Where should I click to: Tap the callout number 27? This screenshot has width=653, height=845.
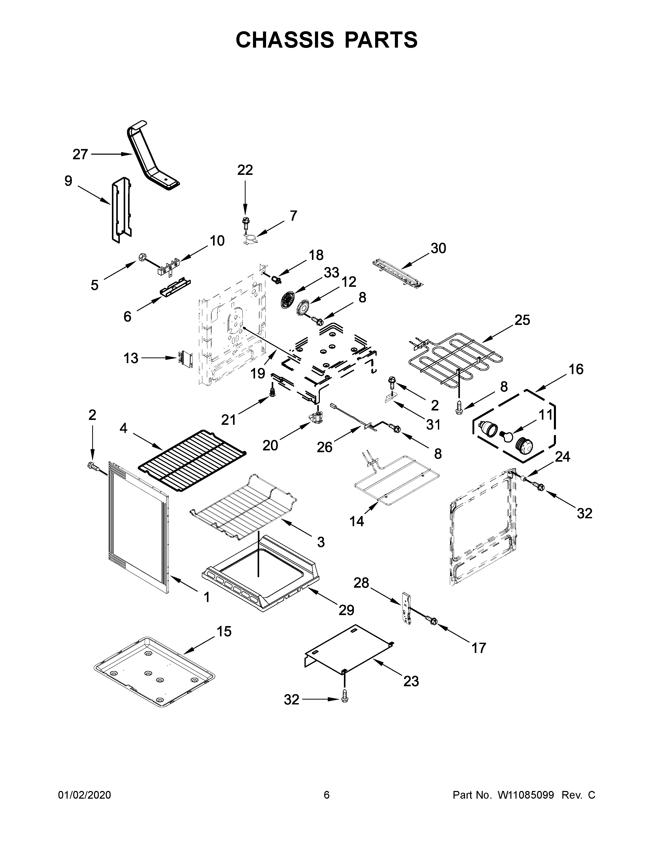click(x=80, y=155)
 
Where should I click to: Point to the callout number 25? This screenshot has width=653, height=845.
click(x=522, y=320)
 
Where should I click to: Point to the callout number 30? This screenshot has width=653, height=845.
click(x=438, y=248)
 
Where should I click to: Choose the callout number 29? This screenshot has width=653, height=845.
click(x=346, y=610)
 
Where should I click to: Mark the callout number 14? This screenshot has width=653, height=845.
click(x=357, y=522)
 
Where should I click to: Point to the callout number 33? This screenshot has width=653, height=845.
click(x=332, y=273)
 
